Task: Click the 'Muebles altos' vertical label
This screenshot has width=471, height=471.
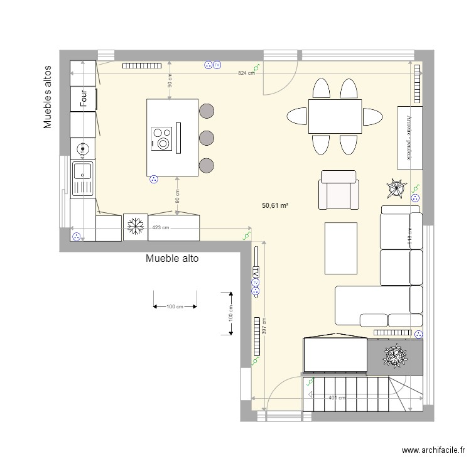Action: point(47,97)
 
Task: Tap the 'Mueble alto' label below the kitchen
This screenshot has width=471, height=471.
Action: point(172,258)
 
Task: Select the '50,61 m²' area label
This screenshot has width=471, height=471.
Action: point(274,205)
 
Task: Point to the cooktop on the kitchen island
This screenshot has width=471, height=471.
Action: point(162,138)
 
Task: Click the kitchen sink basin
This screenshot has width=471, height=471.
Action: point(82,171)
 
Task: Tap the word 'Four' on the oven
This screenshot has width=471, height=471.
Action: point(82,99)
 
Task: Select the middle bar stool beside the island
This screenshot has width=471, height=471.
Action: point(206,138)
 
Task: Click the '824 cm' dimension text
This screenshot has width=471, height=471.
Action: point(246,73)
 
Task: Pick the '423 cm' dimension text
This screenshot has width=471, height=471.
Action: point(161,227)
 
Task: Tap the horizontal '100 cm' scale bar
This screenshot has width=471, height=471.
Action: point(175,306)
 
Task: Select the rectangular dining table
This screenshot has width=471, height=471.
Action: point(335,117)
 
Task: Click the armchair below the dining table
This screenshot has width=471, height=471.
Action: point(340,190)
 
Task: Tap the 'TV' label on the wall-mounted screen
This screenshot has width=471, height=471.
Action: point(256,274)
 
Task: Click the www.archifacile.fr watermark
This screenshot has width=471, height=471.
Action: point(433,450)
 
